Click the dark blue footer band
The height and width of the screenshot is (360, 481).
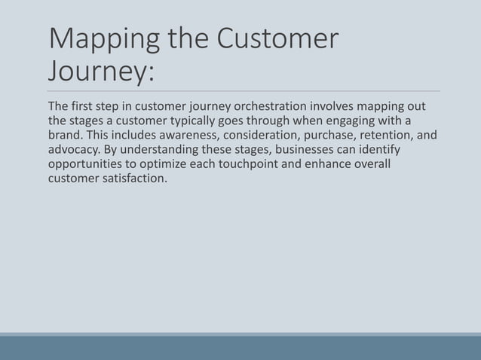click(x=240, y=348)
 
